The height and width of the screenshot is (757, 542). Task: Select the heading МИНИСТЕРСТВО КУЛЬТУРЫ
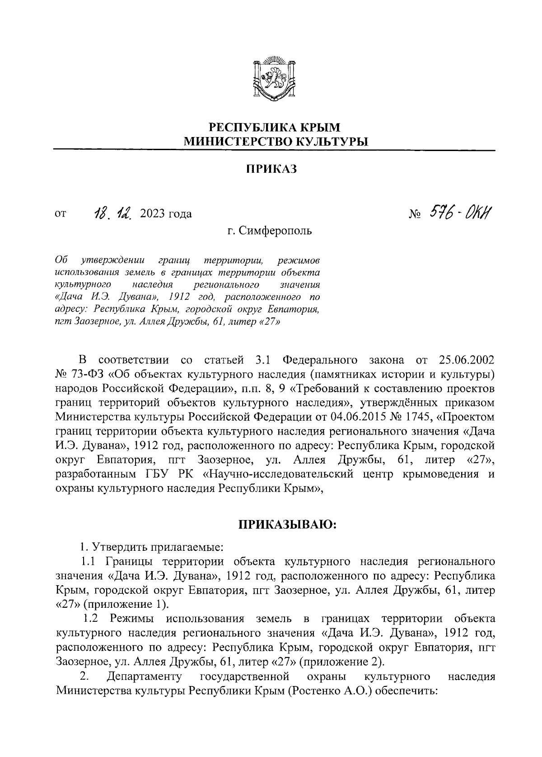275,142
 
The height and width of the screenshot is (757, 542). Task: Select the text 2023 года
166,213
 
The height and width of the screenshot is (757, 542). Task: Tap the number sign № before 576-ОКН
415,213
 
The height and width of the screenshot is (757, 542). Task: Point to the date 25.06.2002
467,360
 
